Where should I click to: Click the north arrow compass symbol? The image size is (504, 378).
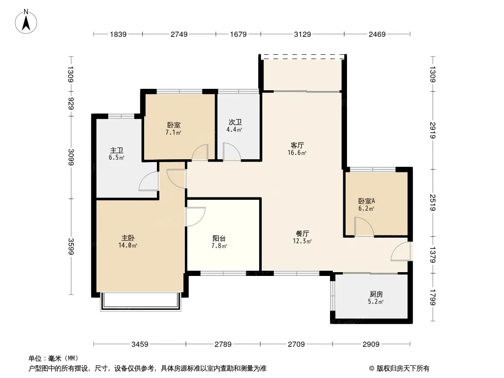(26, 22)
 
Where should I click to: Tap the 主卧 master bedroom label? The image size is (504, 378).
(128, 238)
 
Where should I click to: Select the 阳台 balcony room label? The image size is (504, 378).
(219, 238)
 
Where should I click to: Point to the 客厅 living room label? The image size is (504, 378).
(297, 145)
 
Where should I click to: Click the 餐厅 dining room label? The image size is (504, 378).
(302, 233)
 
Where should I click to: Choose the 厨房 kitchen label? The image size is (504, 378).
(376, 294)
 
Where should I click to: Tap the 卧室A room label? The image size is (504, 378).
(366, 201)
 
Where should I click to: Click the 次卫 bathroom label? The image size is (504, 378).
(235, 122)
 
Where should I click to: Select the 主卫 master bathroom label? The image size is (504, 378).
(116, 150)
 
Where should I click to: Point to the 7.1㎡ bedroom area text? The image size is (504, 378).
(174, 132)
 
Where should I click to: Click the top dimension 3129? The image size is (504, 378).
(302, 34)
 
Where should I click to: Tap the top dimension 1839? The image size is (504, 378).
(118, 34)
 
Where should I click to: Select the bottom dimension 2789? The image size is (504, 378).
(223, 344)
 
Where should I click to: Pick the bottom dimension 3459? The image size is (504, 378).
(140, 344)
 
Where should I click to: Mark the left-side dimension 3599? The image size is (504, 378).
(71, 247)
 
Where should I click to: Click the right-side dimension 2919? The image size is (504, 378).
(433, 130)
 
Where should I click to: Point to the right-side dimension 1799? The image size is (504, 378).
(433, 298)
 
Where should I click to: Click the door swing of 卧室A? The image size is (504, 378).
(364, 227)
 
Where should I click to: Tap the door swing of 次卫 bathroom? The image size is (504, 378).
(232, 152)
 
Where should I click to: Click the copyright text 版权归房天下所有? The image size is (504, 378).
(403, 369)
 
